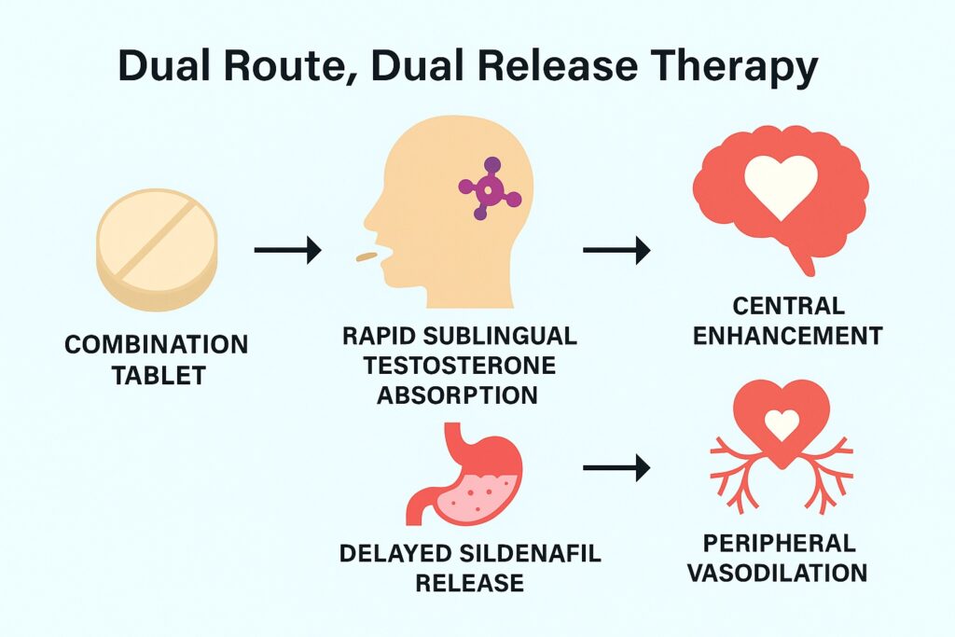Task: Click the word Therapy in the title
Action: (728, 66)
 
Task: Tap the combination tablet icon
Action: (157, 250)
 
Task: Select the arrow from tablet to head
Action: (287, 250)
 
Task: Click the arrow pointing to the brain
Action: (616, 250)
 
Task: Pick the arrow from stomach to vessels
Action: (616, 467)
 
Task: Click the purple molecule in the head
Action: (489, 188)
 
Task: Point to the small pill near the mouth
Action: (367, 256)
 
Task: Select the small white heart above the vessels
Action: (782, 423)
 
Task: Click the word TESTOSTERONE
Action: (460, 366)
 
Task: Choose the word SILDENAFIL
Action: (530, 553)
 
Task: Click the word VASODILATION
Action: (778, 573)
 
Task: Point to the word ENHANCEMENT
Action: (787, 336)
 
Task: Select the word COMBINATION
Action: (157, 345)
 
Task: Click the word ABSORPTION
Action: (457, 395)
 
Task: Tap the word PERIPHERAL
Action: (779, 543)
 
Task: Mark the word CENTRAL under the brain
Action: (788, 306)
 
